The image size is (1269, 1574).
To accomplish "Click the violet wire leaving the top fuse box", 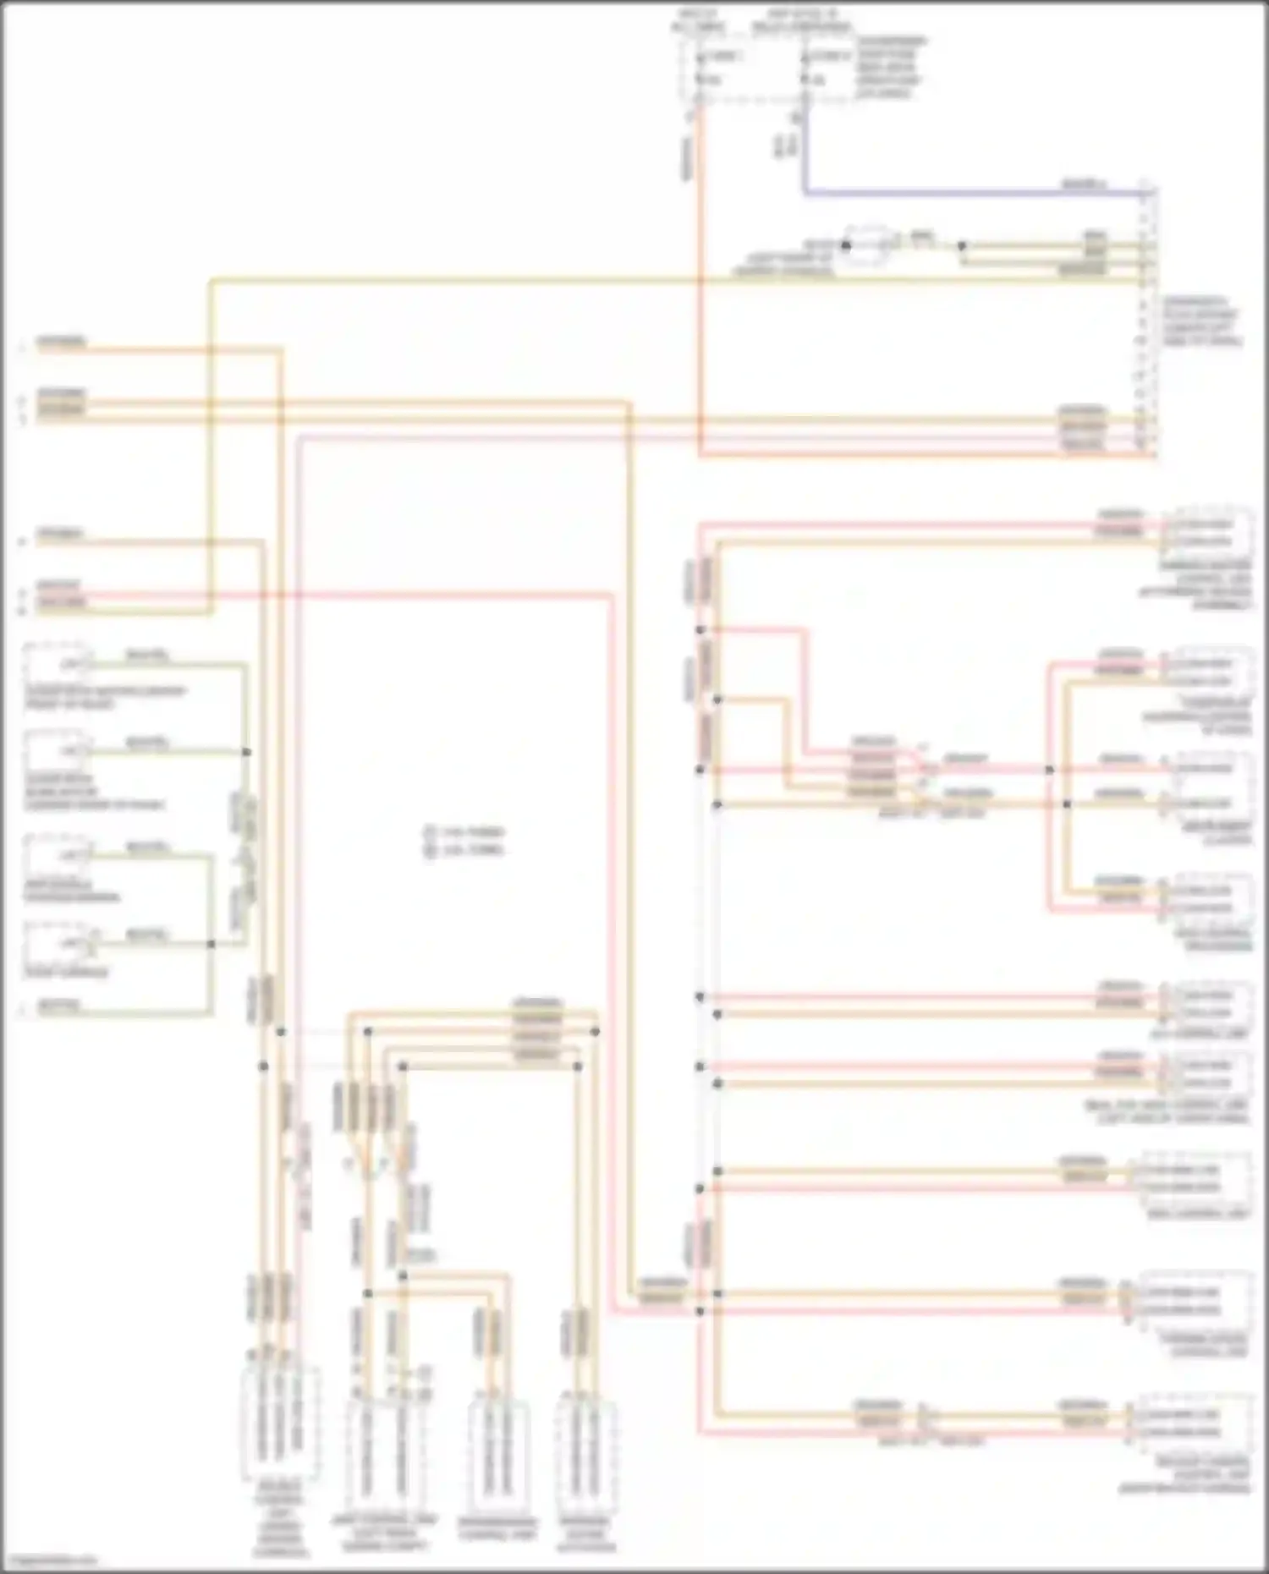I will point(931,194).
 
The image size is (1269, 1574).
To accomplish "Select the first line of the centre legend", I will point(465,832).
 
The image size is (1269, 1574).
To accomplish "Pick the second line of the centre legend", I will point(465,849).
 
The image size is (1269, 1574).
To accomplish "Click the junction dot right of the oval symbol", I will point(961,246).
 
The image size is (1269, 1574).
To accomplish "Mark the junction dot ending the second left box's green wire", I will point(247,752).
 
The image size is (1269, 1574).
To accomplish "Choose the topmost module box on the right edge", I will point(1206,531).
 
